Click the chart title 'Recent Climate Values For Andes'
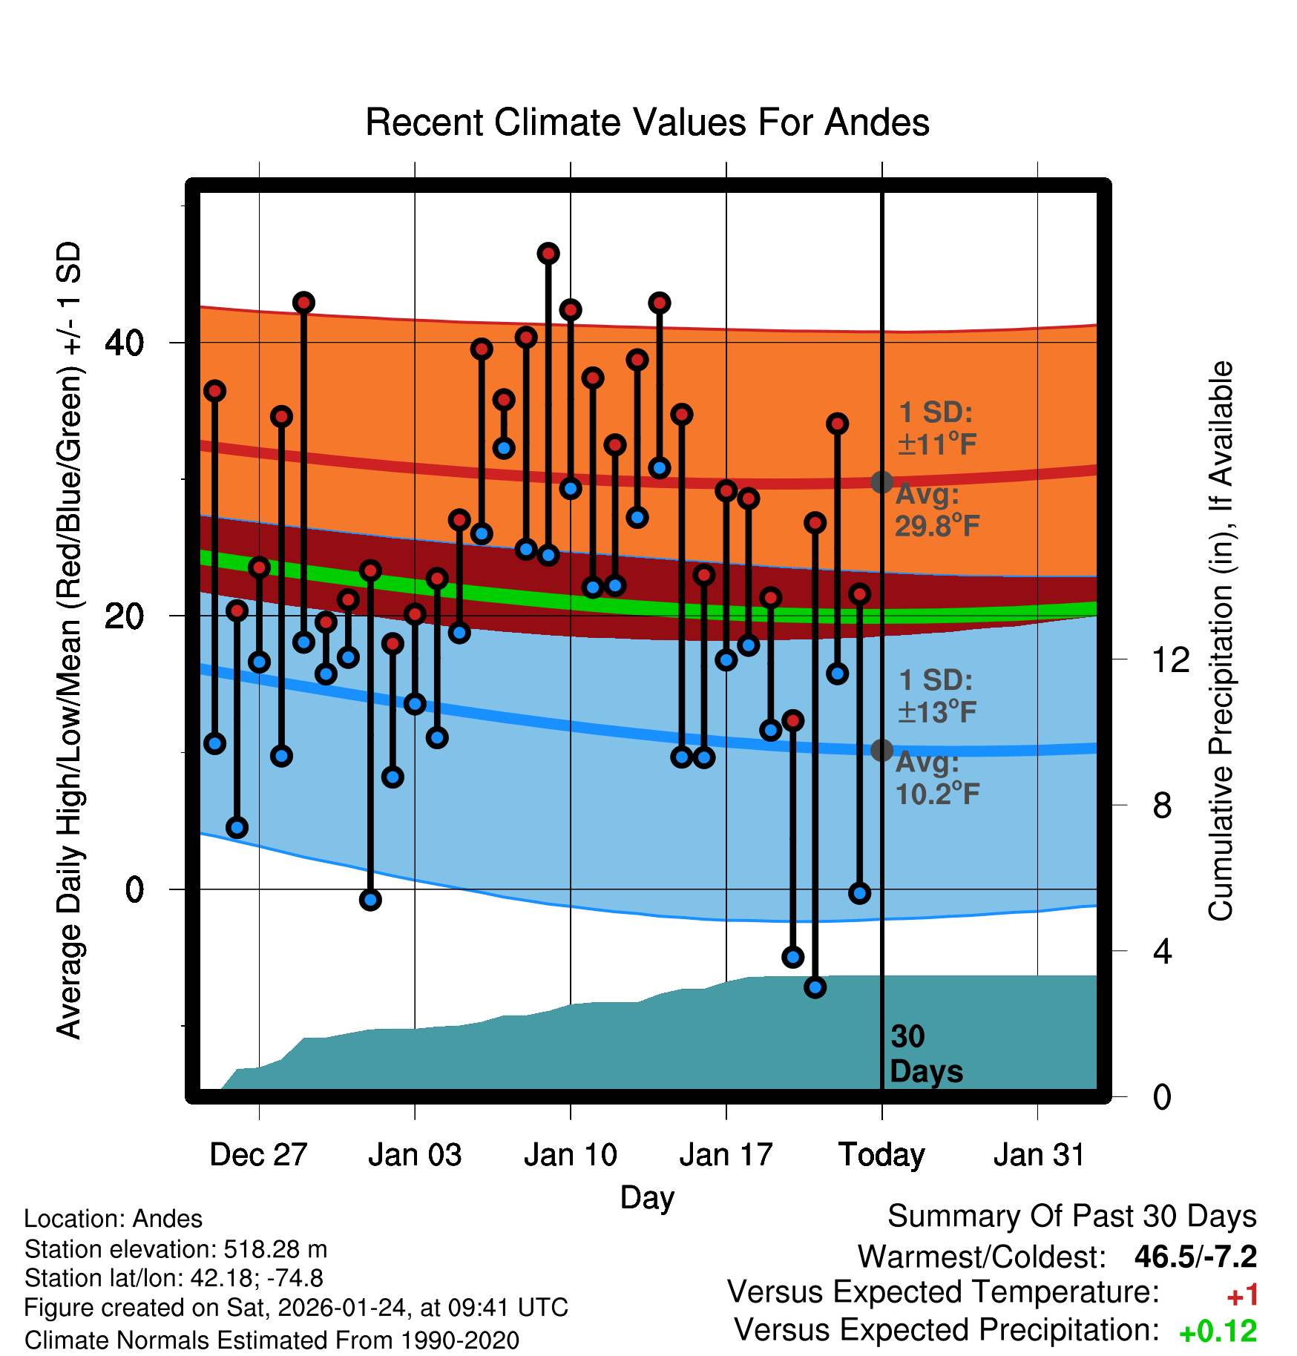(647, 122)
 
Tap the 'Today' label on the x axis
(881, 1155)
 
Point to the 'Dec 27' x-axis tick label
(258, 1155)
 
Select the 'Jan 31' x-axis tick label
(1039, 1155)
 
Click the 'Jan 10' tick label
(570, 1155)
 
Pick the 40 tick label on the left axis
(125, 343)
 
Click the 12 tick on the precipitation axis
(1170, 659)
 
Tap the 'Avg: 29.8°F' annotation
(937, 510)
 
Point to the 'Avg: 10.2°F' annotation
(937, 778)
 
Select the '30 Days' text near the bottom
(925, 1054)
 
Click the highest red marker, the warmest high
(548, 254)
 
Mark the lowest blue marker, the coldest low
(815, 987)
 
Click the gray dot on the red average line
(881, 482)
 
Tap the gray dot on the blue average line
(881, 750)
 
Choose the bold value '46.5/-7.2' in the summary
(1195, 1257)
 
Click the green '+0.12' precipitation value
(1218, 1332)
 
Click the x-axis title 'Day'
(647, 1198)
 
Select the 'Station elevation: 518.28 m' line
(176, 1249)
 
